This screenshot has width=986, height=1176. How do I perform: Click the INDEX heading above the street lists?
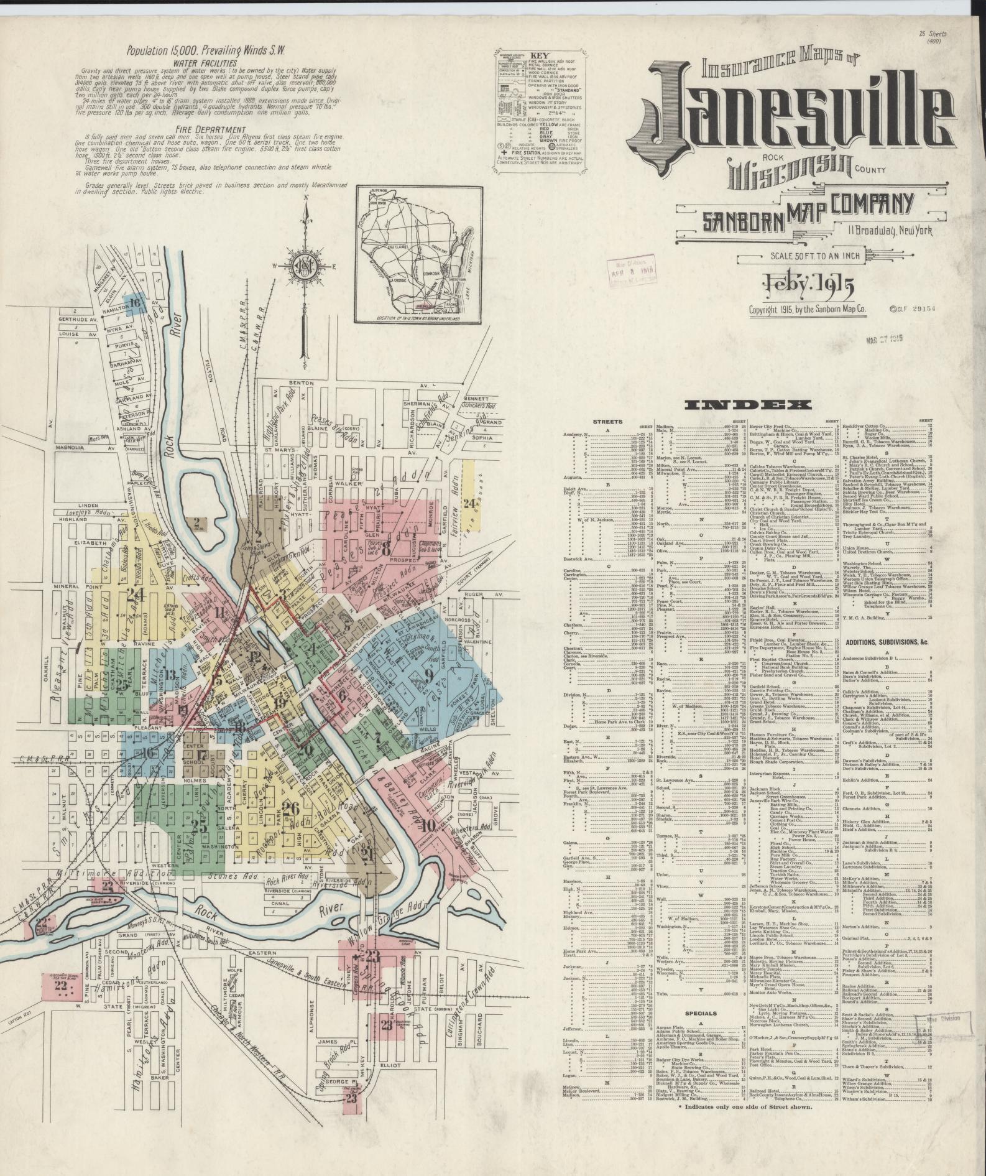click(747, 405)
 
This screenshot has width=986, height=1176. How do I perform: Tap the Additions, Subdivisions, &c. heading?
click(886, 641)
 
